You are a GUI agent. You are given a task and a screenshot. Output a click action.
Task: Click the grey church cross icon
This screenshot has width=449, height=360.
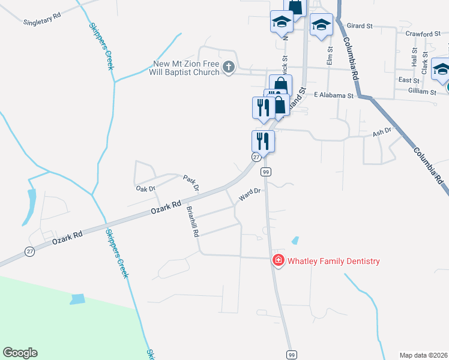[229, 67]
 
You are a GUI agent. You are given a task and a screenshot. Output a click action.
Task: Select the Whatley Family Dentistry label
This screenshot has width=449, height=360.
[334, 261]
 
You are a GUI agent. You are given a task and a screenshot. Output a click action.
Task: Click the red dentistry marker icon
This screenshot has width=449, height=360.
[279, 260]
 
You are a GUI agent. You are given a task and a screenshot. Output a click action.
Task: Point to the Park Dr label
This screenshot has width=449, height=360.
[191, 183]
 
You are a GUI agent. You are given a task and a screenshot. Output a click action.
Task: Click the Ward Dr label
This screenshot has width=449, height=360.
[249, 194]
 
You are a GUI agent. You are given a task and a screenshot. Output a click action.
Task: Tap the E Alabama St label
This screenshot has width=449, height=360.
[334, 95]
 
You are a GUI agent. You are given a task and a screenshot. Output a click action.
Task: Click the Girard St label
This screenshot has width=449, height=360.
[361, 26]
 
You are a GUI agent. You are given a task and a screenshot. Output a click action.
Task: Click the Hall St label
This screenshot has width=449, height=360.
[414, 58]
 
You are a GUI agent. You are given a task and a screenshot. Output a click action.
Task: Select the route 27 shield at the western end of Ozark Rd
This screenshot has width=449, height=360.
[30, 252]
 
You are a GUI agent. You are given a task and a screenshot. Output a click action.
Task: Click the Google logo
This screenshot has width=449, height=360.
[20, 353]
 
